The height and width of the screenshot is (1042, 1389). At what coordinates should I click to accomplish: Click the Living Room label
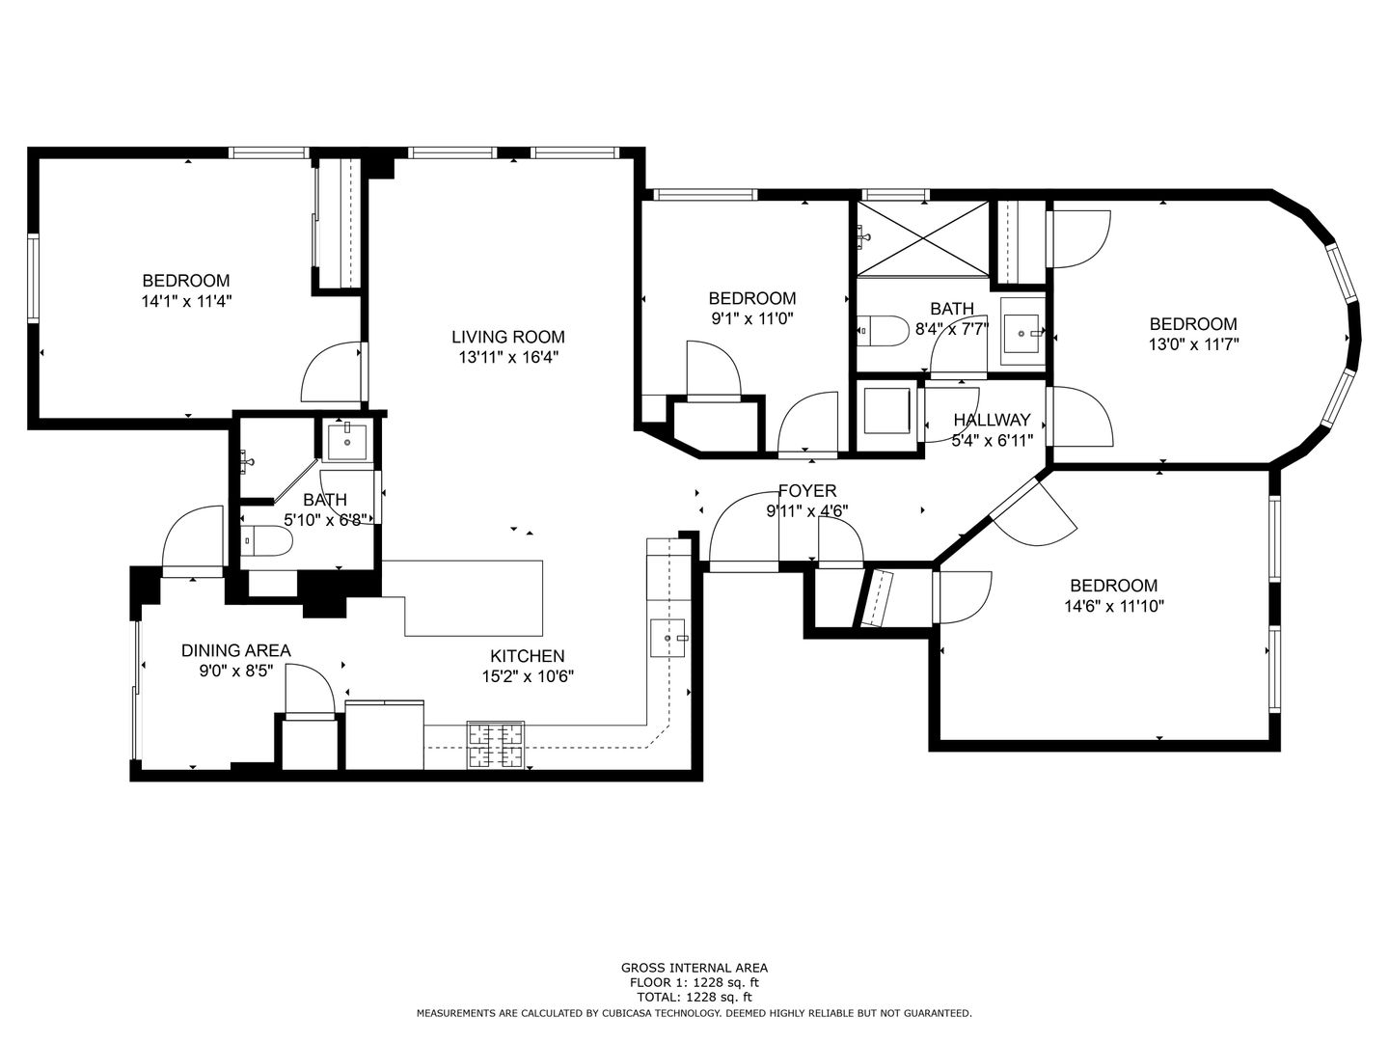point(507,337)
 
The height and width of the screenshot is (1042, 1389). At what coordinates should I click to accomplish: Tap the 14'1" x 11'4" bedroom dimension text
point(186,301)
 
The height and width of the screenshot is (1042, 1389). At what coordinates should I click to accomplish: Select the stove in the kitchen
point(497,745)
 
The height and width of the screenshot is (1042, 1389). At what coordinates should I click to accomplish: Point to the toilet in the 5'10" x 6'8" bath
point(266,542)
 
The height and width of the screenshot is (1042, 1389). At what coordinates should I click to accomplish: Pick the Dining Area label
point(235,650)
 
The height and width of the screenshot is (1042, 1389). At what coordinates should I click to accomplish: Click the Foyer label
point(807,491)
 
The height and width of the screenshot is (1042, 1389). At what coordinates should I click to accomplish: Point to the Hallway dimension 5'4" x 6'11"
point(992,440)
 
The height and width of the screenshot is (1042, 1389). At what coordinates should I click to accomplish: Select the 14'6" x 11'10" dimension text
point(1113,607)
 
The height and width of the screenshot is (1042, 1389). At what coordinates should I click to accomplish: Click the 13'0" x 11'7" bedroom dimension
point(1192,343)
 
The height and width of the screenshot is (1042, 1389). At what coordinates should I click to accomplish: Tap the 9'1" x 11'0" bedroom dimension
point(751,318)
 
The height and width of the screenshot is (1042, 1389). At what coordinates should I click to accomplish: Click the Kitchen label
point(528,656)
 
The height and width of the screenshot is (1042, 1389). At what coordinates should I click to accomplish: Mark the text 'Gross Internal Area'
point(694,968)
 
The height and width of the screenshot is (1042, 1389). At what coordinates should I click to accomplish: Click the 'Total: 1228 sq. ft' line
point(694,997)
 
